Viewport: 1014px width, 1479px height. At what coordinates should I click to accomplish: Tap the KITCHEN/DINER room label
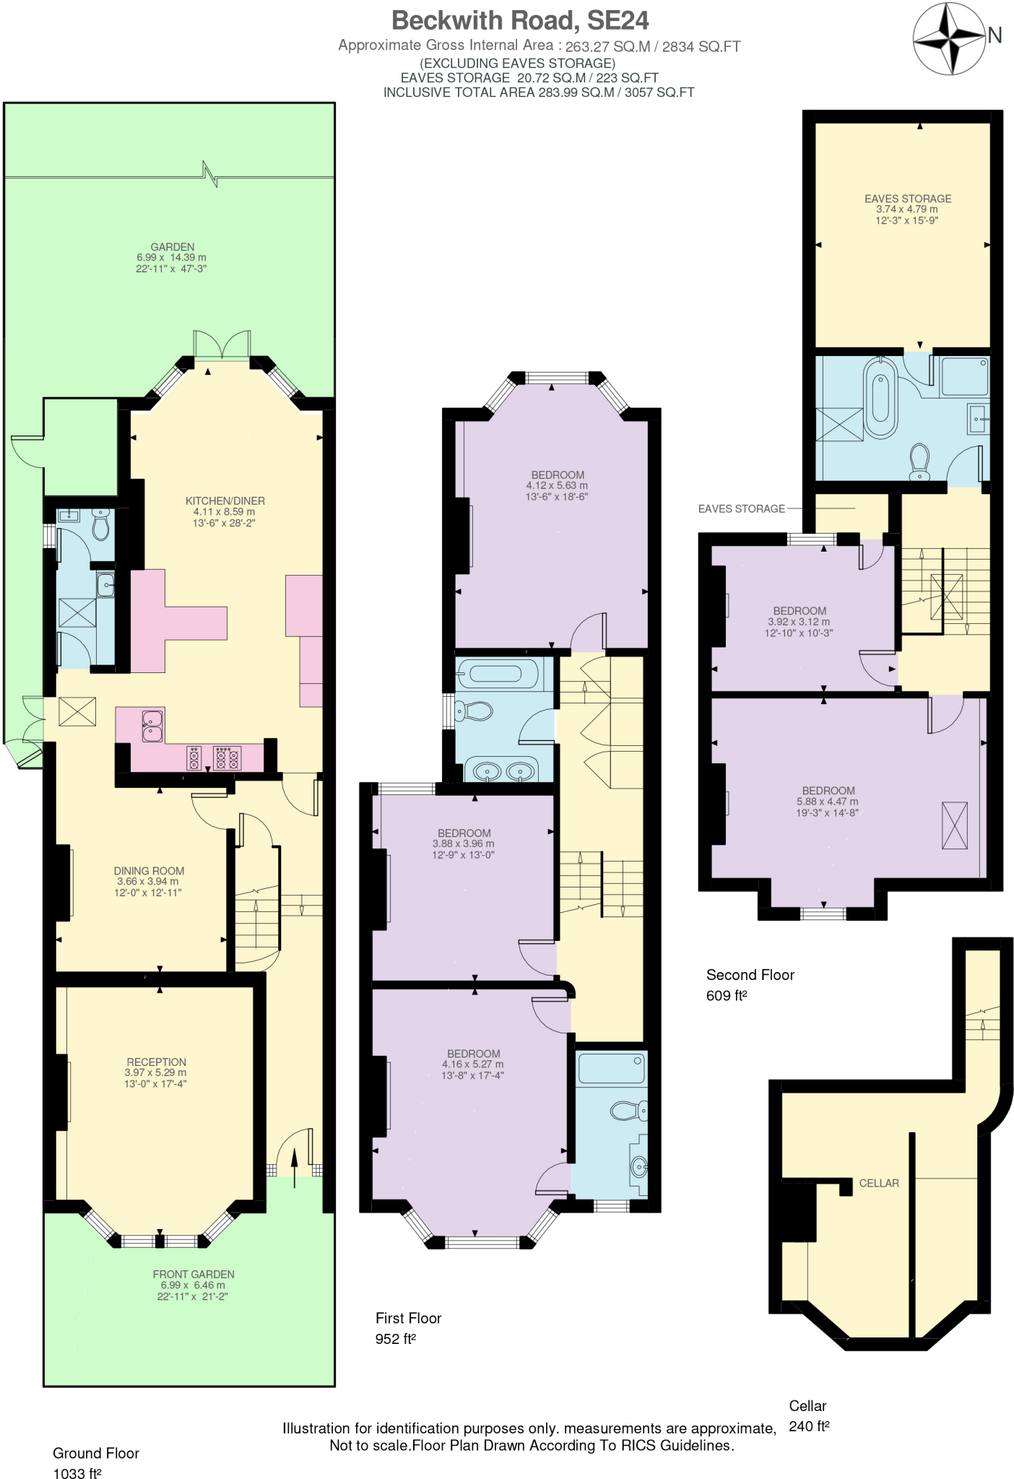click(x=225, y=500)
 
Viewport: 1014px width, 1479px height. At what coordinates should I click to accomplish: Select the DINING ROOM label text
click(x=149, y=871)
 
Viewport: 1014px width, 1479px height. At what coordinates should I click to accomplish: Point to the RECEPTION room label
click(x=156, y=1062)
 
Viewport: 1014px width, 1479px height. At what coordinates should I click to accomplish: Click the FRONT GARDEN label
click(x=193, y=1275)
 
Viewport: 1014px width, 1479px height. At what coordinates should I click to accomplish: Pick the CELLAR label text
click(x=879, y=1183)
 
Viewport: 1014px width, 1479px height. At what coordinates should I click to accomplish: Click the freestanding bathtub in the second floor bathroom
click(x=880, y=396)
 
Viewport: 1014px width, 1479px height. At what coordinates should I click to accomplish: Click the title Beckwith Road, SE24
click(x=519, y=20)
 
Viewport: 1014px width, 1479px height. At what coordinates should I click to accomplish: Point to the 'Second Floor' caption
click(x=750, y=975)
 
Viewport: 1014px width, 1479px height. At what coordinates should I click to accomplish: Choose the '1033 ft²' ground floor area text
click(x=77, y=1473)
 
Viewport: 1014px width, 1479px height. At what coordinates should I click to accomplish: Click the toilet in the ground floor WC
click(x=101, y=524)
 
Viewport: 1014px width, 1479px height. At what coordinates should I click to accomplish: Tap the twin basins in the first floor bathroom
click(x=503, y=771)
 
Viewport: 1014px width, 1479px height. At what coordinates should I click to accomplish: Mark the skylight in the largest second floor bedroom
click(x=954, y=825)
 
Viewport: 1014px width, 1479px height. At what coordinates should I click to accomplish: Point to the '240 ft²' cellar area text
click(x=809, y=1426)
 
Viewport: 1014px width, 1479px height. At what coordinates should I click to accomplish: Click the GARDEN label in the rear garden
click(x=172, y=247)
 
